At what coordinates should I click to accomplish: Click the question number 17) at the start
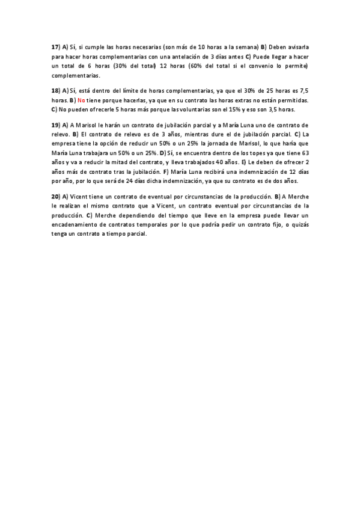[x=55, y=46]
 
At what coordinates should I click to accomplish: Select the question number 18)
[x=55, y=90]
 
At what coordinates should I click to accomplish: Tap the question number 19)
[x=55, y=124]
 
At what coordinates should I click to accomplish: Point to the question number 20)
[x=55, y=197]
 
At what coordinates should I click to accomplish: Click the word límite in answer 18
[x=126, y=90]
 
